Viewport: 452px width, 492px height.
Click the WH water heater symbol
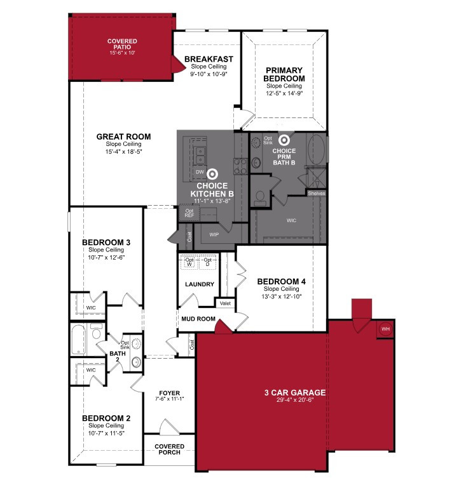[385, 329]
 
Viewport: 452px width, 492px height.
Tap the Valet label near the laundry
[225, 303]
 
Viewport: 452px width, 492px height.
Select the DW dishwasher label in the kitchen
[200, 172]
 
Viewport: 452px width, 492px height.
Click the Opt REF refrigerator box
[189, 213]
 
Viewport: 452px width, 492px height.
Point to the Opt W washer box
[189, 262]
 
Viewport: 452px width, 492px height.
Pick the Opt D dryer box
[207, 262]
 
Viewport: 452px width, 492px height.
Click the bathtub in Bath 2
[78, 340]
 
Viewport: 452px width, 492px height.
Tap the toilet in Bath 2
[96, 331]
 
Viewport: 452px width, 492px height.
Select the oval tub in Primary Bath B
[316, 150]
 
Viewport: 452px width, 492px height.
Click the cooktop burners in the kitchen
[240, 166]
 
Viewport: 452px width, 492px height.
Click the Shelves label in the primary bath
[317, 193]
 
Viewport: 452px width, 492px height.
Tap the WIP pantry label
[214, 234]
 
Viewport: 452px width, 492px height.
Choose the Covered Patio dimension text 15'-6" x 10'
[122, 53]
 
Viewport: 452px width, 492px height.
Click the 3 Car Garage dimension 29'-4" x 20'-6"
[295, 400]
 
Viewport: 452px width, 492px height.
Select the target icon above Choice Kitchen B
[212, 174]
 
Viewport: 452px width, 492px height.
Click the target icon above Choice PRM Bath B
[284, 140]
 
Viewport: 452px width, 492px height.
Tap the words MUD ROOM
[198, 319]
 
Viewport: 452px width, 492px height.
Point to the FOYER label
[170, 393]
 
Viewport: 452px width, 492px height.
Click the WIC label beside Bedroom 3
[91, 308]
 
